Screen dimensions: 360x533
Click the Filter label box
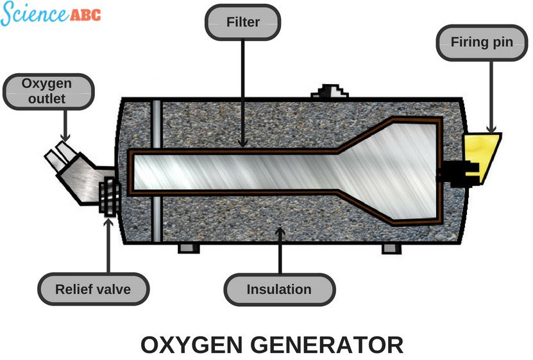pyautogui.click(x=242, y=22)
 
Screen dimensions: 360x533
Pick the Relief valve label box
pyautogui.click(x=93, y=289)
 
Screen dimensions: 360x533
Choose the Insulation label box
pyautogui.click(x=279, y=289)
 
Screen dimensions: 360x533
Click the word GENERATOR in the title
pyautogui.click(x=334, y=345)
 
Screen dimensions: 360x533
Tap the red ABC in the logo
pyautogui.click(x=84, y=15)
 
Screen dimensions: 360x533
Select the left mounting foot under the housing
pyautogui.click(x=187, y=248)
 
